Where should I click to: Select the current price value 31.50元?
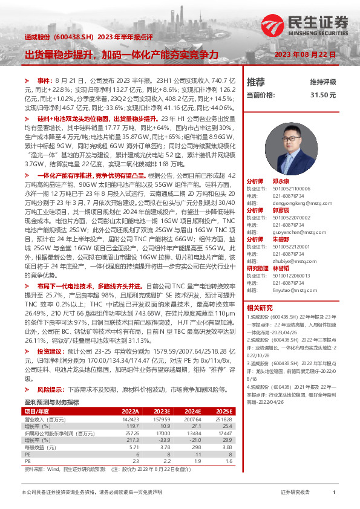323,95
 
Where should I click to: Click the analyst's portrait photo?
301,148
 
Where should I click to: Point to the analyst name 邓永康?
281,181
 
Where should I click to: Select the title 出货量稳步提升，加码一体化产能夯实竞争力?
121,54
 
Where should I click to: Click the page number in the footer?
334,493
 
